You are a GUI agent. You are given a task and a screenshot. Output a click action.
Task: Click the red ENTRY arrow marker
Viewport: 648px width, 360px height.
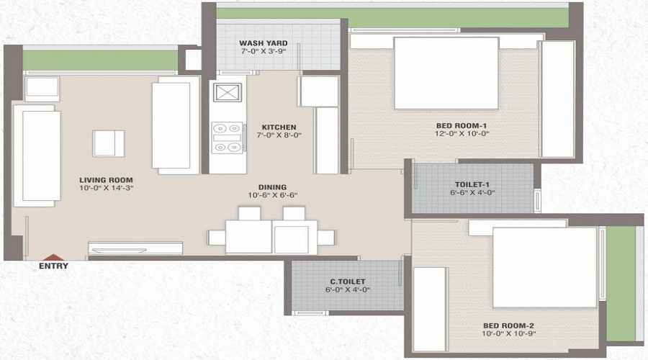click(53, 256)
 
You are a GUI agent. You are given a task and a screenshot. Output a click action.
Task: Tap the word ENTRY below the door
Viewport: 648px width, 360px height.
click(54, 266)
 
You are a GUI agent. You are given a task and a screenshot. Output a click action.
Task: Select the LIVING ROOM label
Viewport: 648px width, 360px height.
click(107, 179)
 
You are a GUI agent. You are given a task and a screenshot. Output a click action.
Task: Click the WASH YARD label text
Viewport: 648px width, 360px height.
click(263, 43)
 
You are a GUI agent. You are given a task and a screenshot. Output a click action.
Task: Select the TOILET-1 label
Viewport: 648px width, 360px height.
click(472, 184)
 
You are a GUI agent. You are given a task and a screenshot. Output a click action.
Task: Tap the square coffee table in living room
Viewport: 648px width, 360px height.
click(108, 143)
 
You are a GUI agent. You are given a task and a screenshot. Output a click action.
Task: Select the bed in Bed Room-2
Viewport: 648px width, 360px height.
click(544, 267)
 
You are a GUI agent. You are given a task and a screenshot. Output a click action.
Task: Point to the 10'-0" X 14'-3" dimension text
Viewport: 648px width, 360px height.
click(107, 188)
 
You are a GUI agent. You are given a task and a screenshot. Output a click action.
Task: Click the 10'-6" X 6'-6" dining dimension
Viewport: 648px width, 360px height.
click(273, 194)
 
